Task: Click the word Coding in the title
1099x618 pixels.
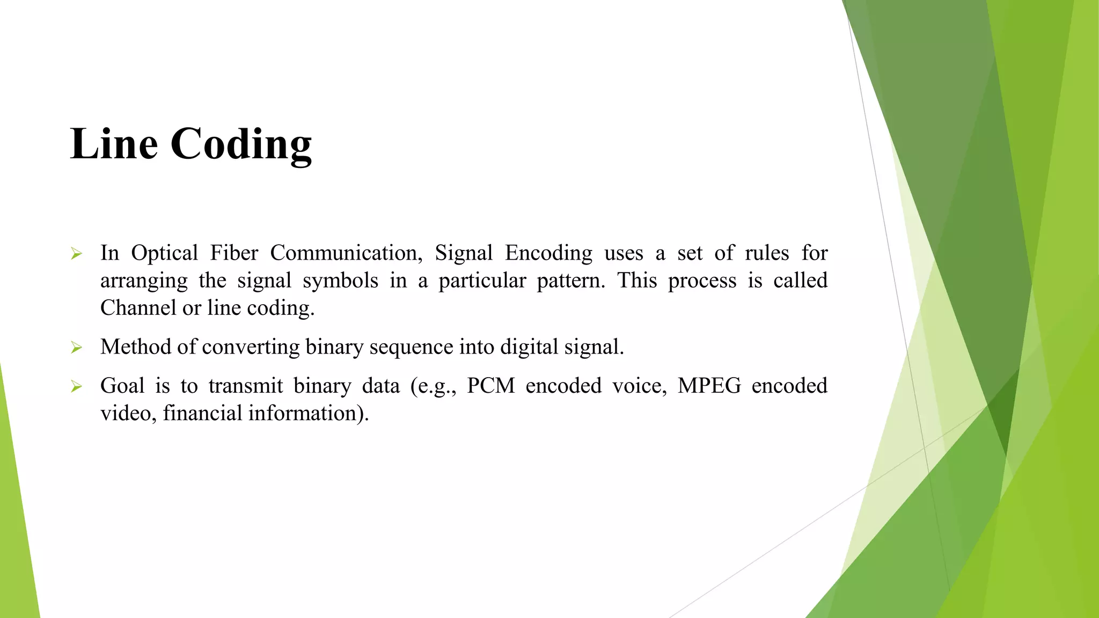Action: click(x=241, y=145)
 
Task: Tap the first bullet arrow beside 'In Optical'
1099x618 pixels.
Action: click(x=76, y=254)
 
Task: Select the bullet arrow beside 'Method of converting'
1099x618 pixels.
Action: click(x=76, y=348)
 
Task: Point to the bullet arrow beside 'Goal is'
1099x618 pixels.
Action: click(x=76, y=387)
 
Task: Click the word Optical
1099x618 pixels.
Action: click(x=164, y=253)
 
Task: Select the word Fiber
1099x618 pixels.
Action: click(x=234, y=253)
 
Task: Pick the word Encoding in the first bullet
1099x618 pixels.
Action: click(x=548, y=253)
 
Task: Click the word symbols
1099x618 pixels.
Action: click(x=340, y=281)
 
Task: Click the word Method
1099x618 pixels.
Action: click(x=135, y=347)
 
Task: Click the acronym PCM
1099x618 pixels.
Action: click(x=490, y=386)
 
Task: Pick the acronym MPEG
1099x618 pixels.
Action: click(x=709, y=386)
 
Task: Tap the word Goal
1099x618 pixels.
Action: click(x=122, y=386)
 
